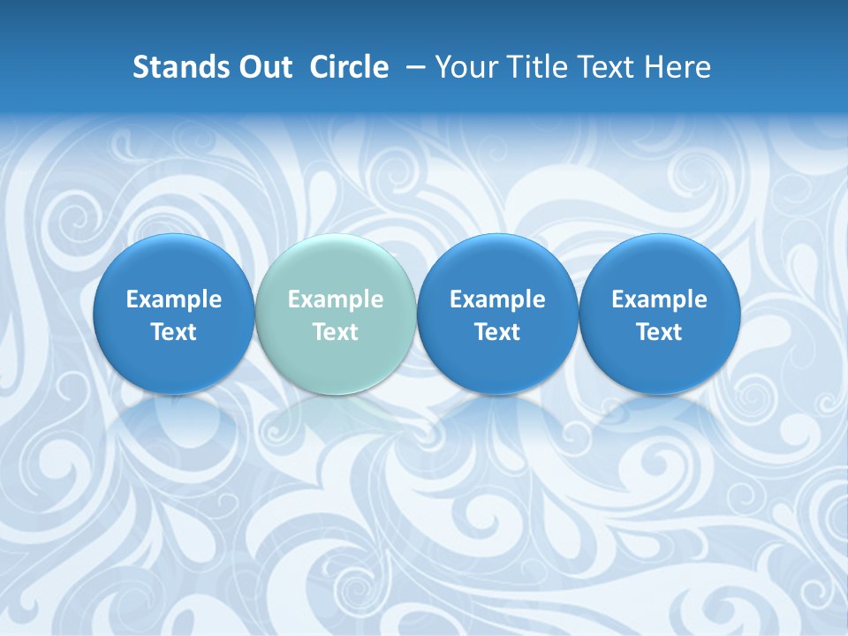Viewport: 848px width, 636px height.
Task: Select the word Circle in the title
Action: [349, 67]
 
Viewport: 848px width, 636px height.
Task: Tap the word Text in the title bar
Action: [606, 67]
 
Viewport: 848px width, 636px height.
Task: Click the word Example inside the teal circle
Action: [336, 299]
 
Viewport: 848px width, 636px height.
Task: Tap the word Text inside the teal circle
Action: [336, 332]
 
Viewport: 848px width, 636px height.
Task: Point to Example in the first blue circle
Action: [174, 299]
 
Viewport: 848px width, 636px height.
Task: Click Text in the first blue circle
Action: [174, 332]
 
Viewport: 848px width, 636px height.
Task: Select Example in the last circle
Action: [659, 299]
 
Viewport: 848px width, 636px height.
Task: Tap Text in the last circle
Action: [659, 332]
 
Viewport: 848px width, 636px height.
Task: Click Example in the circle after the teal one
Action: [497, 299]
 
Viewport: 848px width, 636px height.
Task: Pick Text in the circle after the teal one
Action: [497, 332]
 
